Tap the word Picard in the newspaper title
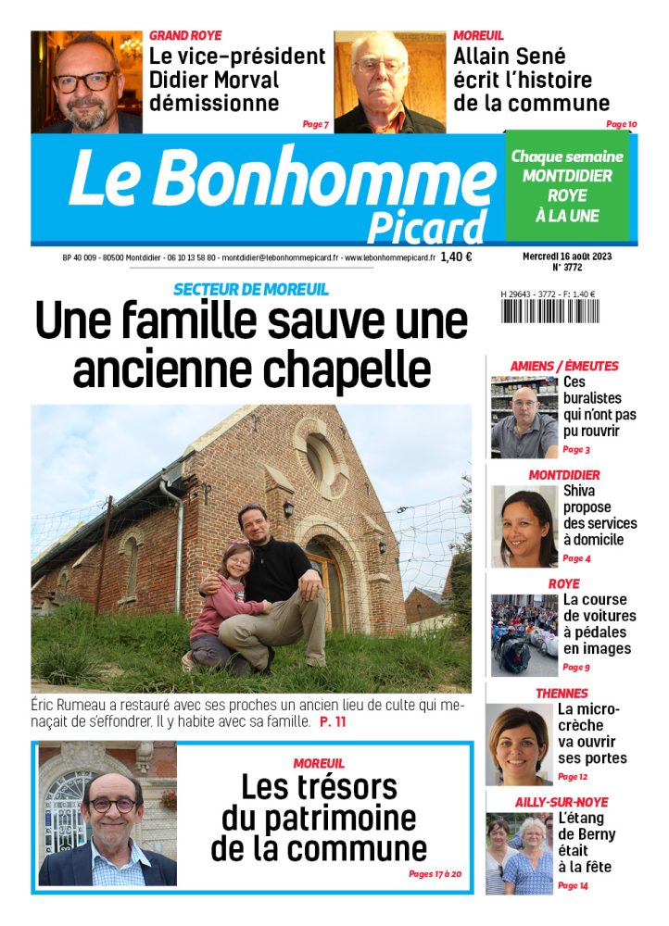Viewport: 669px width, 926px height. click(x=426, y=227)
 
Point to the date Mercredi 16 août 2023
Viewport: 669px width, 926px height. click(x=565, y=255)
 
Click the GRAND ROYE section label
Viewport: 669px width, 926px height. click(x=185, y=35)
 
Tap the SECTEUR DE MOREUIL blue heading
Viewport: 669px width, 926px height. click(x=250, y=289)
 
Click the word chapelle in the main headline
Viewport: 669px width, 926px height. click(x=345, y=369)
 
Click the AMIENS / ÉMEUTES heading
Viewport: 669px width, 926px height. click(x=564, y=366)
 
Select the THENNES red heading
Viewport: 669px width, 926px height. click(x=562, y=693)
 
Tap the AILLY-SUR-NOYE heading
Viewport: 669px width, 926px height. click(x=562, y=802)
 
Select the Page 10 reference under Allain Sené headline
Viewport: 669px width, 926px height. click(x=621, y=124)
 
